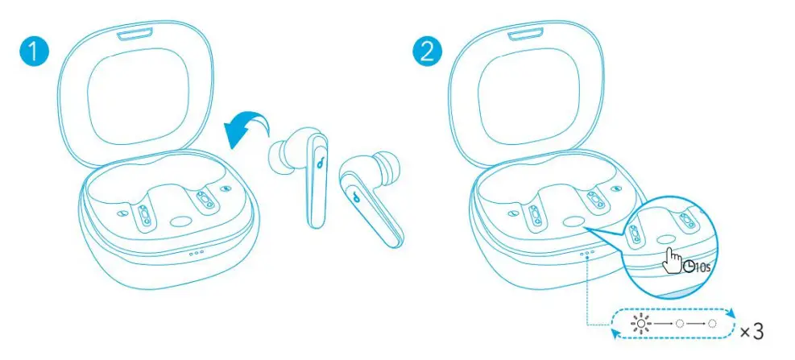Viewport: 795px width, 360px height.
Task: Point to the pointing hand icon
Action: click(x=670, y=259)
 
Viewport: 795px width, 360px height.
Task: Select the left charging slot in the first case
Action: click(x=143, y=215)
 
